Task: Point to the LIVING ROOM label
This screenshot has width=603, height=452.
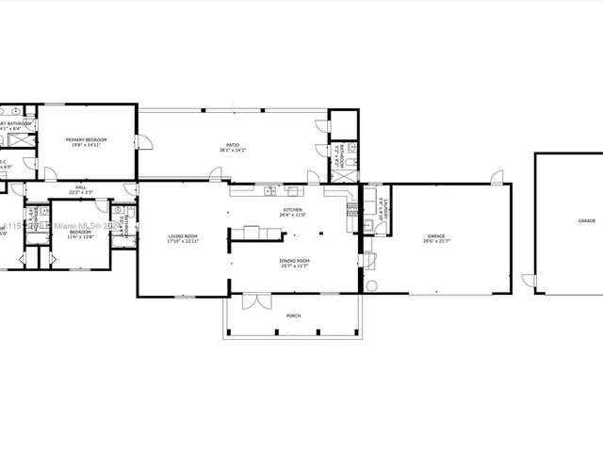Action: point(183,235)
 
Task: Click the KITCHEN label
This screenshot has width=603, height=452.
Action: point(293,210)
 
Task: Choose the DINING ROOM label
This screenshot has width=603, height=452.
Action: point(294,260)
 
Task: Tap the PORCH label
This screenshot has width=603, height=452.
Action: point(294,315)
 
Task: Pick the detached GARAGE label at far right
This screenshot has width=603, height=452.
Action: point(587,220)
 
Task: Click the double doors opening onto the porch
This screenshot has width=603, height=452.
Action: point(250,301)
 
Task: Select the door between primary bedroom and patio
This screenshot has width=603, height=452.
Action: point(143,142)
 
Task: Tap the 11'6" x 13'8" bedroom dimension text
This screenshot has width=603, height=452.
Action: point(80,236)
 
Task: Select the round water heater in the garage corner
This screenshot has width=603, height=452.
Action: point(371,286)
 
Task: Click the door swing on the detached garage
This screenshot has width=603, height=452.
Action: point(529,282)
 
